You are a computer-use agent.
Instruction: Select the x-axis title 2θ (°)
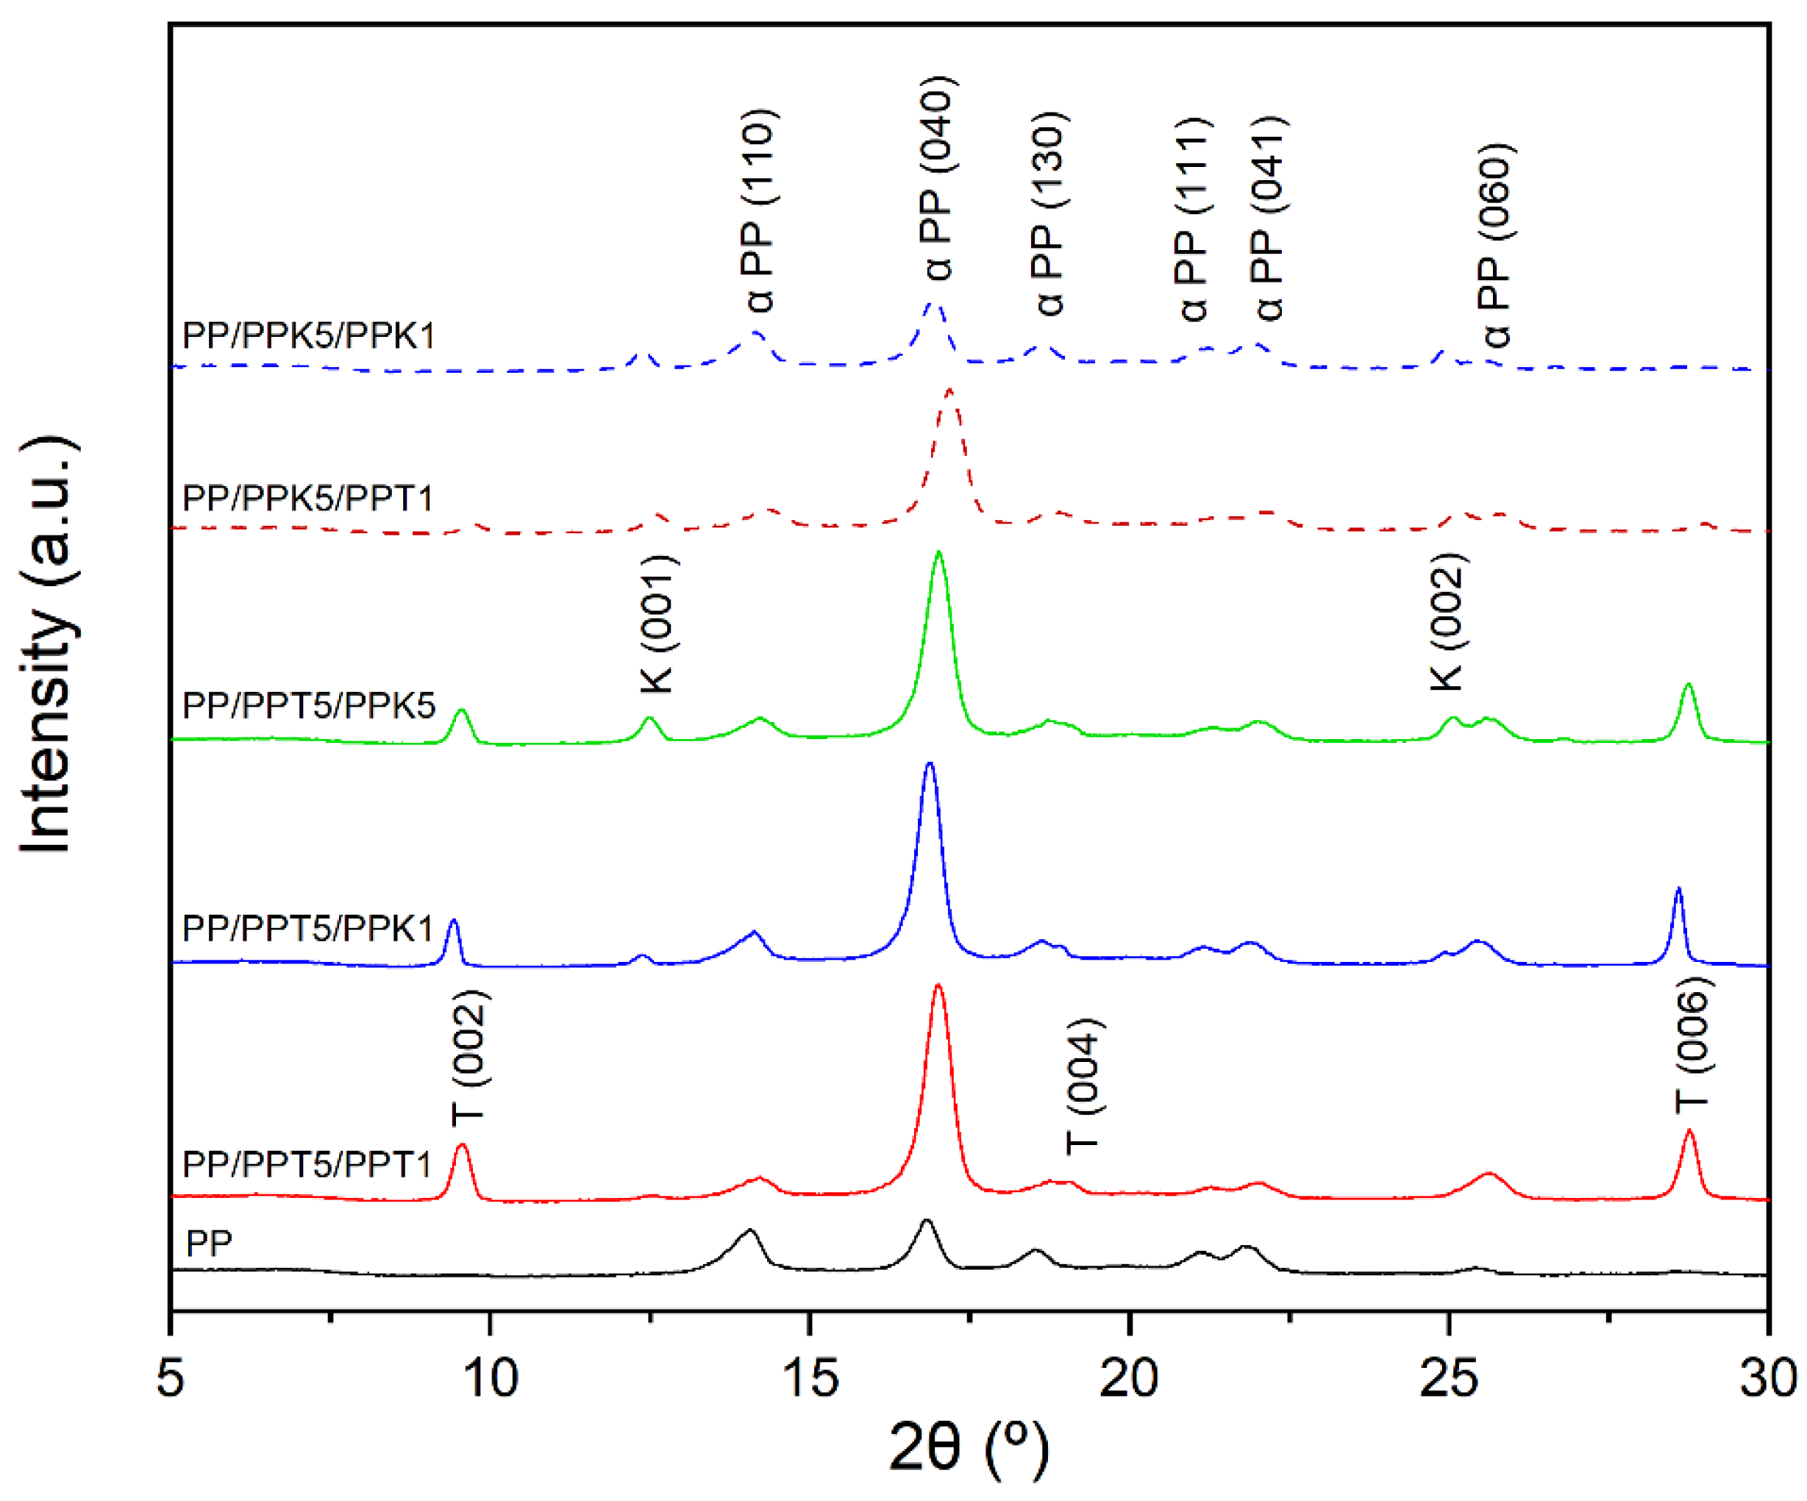click(x=969, y=1449)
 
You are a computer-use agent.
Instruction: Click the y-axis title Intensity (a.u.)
click(x=47, y=646)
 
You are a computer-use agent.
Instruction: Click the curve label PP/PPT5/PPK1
click(x=308, y=929)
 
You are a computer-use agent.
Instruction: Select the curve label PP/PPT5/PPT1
click(x=307, y=1163)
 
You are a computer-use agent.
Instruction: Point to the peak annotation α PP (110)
click(x=759, y=211)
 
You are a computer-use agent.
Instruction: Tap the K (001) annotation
click(x=658, y=624)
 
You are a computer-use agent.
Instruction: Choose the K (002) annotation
click(x=1447, y=621)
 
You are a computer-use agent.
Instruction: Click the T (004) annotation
click(x=1083, y=1086)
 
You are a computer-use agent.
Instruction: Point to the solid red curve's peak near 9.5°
click(x=463, y=1146)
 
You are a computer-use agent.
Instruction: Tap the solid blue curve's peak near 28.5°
click(x=1677, y=888)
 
